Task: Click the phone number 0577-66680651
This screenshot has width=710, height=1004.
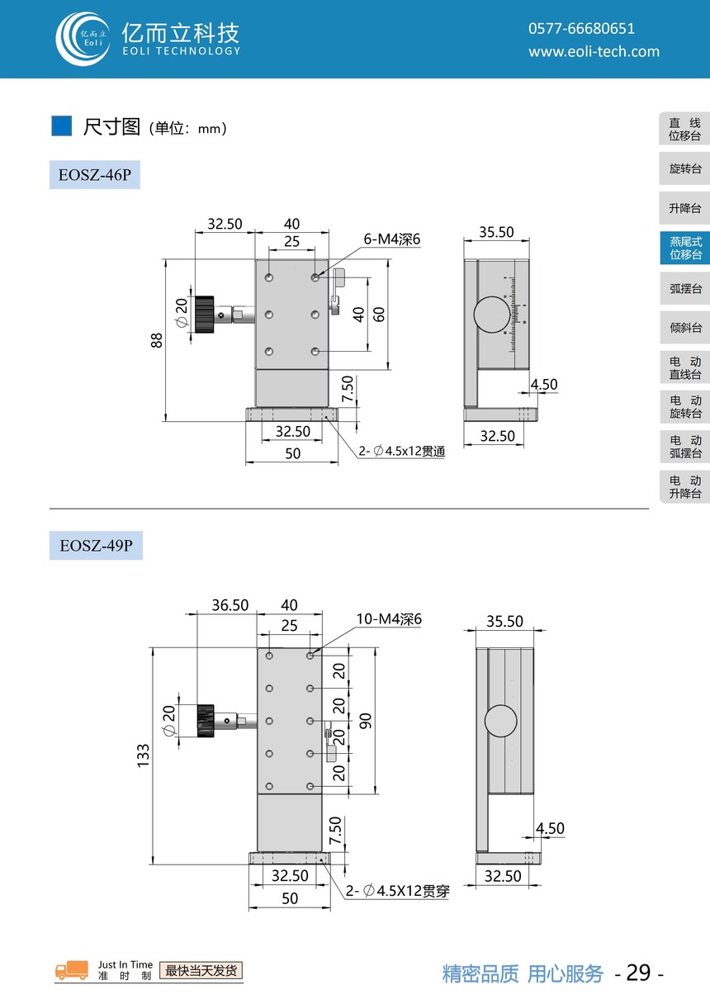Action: [x=581, y=29]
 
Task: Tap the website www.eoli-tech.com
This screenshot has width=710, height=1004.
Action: [x=594, y=51]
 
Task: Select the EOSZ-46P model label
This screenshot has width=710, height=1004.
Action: [x=95, y=174]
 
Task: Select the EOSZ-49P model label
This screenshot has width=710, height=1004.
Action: [x=96, y=545]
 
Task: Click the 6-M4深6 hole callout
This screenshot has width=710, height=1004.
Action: [x=392, y=239]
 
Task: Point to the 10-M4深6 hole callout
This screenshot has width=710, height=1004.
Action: [x=389, y=619]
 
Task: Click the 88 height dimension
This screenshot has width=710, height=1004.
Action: [x=156, y=340]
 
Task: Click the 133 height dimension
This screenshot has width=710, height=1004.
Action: [x=143, y=756]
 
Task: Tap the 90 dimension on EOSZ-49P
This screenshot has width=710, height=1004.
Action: [x=365, y=721]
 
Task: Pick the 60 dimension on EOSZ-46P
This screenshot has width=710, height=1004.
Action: [x=379, y=315]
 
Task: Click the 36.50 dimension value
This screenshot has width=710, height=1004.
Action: [x=230, y=605]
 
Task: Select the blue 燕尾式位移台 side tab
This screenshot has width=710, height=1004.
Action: [x=685, y=248]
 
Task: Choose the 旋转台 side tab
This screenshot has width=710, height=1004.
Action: [x=685, y=168]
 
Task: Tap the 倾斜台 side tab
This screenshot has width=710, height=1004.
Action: [x=685, y=327]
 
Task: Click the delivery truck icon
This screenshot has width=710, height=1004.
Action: [x=72, y=970]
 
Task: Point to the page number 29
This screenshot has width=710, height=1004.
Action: [x=638, y=973]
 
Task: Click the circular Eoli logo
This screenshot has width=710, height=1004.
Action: [x=83, y=39]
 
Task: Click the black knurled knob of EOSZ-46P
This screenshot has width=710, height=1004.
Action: [x=204, y=315]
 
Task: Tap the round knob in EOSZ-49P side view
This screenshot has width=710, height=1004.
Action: [x=500, y=721]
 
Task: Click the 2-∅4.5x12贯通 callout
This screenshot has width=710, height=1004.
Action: [x=401, y=451]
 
